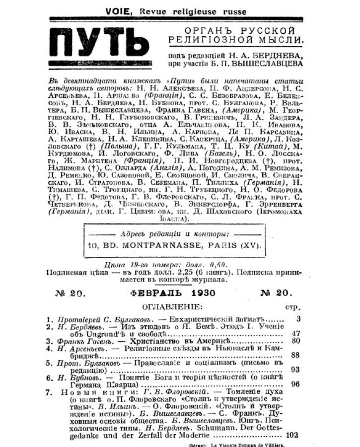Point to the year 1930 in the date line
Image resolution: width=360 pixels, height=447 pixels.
(x=203, y=293)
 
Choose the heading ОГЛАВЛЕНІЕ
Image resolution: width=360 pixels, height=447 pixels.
(x=172, y=306)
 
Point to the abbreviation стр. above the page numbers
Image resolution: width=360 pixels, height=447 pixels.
(x=294, y=307)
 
